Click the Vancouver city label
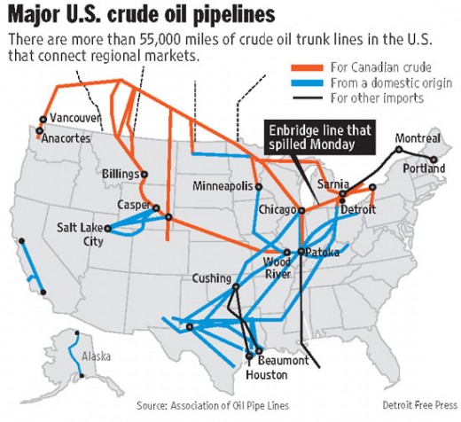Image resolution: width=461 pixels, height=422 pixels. (75, 118)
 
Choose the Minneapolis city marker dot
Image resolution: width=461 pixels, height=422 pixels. (258, 187)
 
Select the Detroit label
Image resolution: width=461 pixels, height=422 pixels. (359, 209)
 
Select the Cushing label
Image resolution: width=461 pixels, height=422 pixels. (212, 278)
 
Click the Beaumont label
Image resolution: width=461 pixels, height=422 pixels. (284, 361)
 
